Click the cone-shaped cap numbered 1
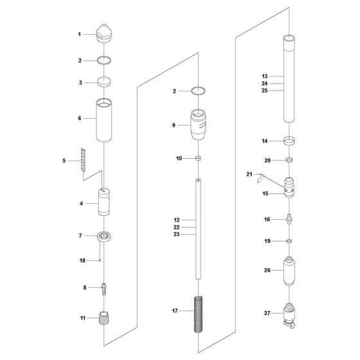(104, 33)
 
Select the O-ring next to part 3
(104, 60)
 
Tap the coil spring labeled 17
(199, 314)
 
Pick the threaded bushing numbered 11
(104, 318)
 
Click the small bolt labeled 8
(104, 289)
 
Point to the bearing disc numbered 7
(104, 237)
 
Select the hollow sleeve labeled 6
(104, 120)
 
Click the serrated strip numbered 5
(83, 160)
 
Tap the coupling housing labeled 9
(198, 125)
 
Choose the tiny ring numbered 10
(198, 158)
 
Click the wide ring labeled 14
(289, 141)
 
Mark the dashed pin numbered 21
(260, 178)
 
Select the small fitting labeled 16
(289, 219)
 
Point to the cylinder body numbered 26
(289, 271)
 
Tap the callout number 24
(264, 84)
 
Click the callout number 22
(177, 228)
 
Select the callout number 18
(82, 260)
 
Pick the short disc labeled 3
(104, 82)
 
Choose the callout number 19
(267, 241)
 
